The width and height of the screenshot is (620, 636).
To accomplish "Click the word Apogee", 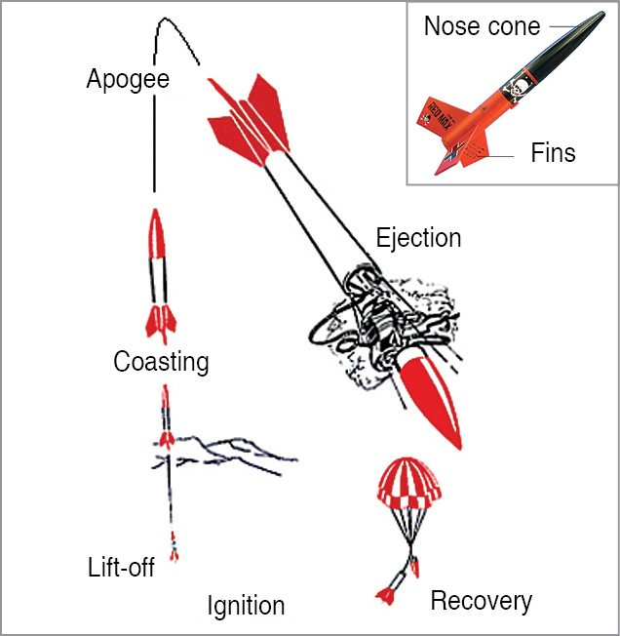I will click(x=128, y=78).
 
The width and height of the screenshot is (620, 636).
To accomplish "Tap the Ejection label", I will click(x=418, y=237).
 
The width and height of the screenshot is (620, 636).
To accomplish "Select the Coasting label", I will click(x=161, y=362).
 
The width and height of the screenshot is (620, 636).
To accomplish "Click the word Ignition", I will click(x=246, y=606).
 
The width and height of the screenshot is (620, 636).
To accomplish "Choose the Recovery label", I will click(x=481, y=601).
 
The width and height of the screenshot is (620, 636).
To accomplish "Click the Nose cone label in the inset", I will click(x=483, y=26).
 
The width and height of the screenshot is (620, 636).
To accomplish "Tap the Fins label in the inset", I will click(x=553, y=153).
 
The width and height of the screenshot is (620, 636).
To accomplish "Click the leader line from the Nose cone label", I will click(x=562, y=26).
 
